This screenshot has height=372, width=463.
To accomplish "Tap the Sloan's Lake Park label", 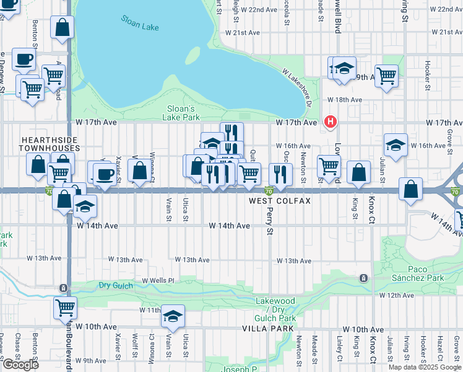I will (x=182, y=113).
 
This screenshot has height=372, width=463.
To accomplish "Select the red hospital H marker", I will (x=331, y=122).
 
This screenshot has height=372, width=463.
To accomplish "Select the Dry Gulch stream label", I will (x=116, y=285).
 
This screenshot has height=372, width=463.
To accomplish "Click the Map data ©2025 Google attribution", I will (x=425, y=367).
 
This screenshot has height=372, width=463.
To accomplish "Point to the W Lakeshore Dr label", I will (x=295, y=87).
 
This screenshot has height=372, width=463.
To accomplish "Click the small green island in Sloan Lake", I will (x=193, y=55).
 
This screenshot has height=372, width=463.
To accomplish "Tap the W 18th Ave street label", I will (x=345, y=100).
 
